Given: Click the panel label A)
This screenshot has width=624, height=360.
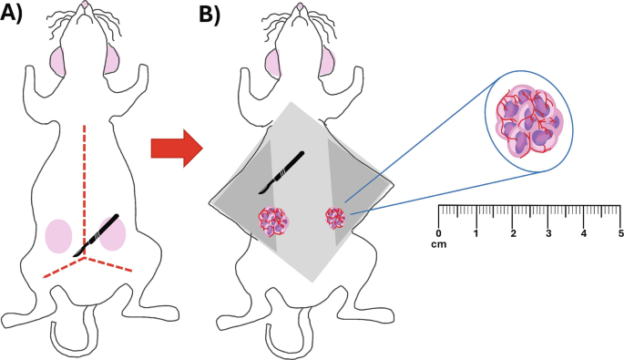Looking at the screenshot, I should click(x=17, y=15).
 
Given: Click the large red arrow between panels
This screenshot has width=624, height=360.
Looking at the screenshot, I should click(x=176, y=147).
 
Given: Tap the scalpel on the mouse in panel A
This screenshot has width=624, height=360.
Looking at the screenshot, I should click(x=99, y=234).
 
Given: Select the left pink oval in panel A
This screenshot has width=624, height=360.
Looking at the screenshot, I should click(x=58, y=235).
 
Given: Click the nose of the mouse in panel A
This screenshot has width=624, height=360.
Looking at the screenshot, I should click(x=85, y=7).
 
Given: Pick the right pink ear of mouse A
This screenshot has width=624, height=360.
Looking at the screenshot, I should click(x=114, y=60).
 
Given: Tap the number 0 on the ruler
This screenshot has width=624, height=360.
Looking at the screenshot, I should click(x=439, y=233).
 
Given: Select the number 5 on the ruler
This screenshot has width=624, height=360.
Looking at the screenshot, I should click(x=619, y=233).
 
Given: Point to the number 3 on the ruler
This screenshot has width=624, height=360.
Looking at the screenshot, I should click(x=547, y=233).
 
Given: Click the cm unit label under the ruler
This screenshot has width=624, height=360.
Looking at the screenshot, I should click(x=440, y=244).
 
